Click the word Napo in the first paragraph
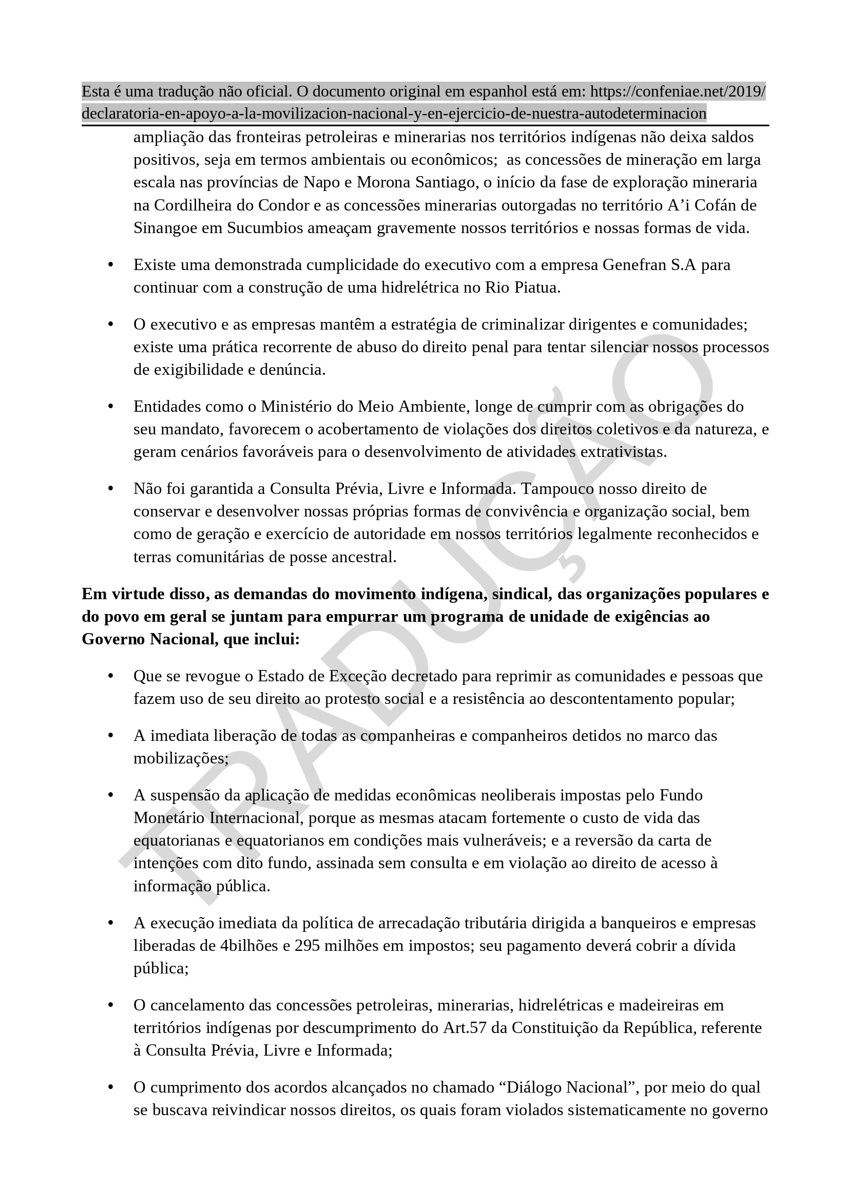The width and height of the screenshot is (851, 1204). [320, 182]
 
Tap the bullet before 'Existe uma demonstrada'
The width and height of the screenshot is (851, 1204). [110, 265]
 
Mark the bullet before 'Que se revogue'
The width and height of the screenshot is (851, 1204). [110, 676]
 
